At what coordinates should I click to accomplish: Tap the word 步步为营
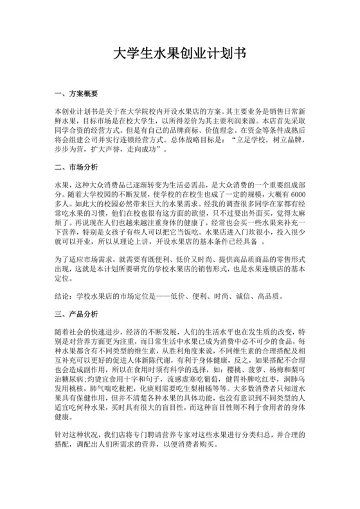tap(69, 149)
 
